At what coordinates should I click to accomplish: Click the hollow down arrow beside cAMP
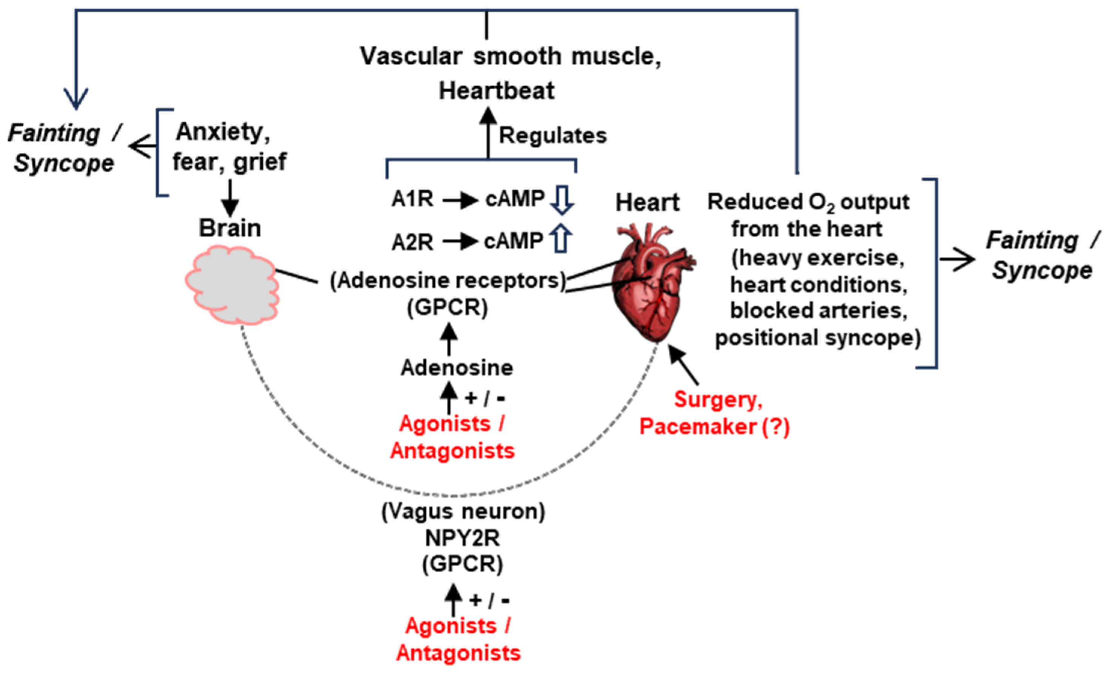tap(562, 200)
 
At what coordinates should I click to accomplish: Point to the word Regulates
tap(553, 135)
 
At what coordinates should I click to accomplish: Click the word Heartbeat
tap(497, 91)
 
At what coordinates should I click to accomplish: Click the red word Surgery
tap(718, 399)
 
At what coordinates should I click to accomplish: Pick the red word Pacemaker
tap(698, 426)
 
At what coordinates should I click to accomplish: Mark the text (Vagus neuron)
tap(463, 511)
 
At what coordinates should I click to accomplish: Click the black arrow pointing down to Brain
tap(230, 198)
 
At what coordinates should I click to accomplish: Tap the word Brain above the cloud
tap(230, 228)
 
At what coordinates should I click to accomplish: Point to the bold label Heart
tap(647, 202)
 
